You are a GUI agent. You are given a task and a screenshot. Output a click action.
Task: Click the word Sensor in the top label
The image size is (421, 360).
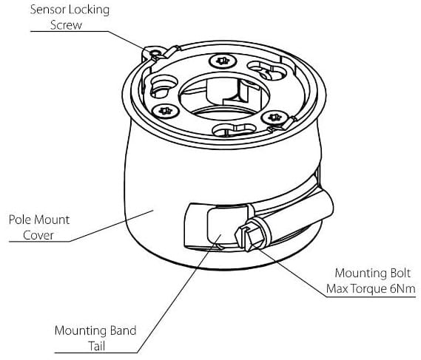pyautogui.click(x=48, y=10)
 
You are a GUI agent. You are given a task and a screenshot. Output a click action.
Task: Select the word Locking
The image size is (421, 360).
pyautogui.click(x=89, y=10)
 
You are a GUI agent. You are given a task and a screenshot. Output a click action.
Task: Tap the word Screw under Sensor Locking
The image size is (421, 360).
pyautogui.click(x=66, y=25)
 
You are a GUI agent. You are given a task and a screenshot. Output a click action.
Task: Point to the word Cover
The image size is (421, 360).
pyautogui.click(x=38, y=235)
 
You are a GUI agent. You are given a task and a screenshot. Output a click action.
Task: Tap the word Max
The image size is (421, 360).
pyautogui.click(x=337, y=289)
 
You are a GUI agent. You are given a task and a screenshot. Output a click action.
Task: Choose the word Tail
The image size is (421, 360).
pyautogui.click(x=97, y=346)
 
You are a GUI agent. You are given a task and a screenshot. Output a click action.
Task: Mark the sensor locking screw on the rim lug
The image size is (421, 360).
pyautogui.click(x=155, y=52)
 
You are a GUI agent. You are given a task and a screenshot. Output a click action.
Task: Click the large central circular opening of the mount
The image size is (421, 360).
pyautogui.click(x=224, y=97)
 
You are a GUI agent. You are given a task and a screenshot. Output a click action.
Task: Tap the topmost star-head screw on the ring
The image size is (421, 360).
pyautogui.click(x=223, y=61)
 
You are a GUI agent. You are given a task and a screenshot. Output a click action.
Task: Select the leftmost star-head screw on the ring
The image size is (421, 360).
pyautogui.click(x=165, y=111)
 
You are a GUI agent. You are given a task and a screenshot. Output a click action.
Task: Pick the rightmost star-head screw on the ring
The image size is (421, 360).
pyautogui.click(x=275, y=118)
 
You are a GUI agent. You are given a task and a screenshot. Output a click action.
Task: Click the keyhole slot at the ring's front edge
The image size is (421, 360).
pyautogui.click(x=232, y=129)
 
